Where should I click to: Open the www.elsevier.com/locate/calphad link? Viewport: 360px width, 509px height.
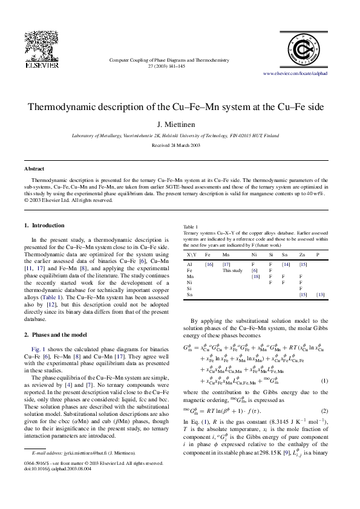tap(295, 73)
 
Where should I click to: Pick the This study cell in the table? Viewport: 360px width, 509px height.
tap(232, 270)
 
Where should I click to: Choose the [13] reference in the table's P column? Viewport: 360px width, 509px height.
tap(321, 294)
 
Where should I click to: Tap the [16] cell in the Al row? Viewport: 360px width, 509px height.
tap(209, 264)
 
